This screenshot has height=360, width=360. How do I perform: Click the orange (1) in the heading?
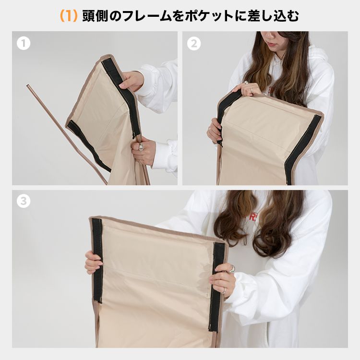[69, 16]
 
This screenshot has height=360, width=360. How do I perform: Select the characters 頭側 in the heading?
[96, 16]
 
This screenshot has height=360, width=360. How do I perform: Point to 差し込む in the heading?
[273, 16]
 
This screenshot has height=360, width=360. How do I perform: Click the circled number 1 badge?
[24, 43]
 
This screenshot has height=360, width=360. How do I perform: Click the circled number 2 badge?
[194, 43]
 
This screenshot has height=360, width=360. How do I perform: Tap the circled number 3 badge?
[24, 201]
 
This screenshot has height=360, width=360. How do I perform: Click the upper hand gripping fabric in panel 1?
[132, 81]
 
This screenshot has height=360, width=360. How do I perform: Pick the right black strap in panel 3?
[216, 287]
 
